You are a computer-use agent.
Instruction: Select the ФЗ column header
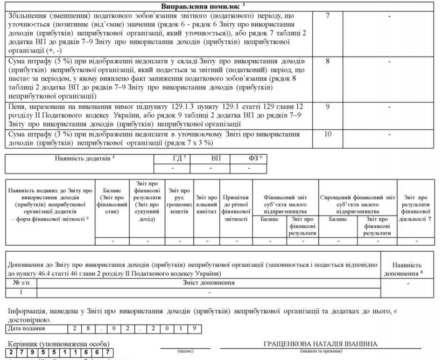(x=249, y=159)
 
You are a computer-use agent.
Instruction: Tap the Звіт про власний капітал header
(x=207, y=204)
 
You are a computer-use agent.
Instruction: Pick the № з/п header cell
(x=21, y=281)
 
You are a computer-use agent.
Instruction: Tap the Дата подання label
(x=27, y=328)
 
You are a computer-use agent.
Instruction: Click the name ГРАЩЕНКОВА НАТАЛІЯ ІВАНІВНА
(x=320, y=344)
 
